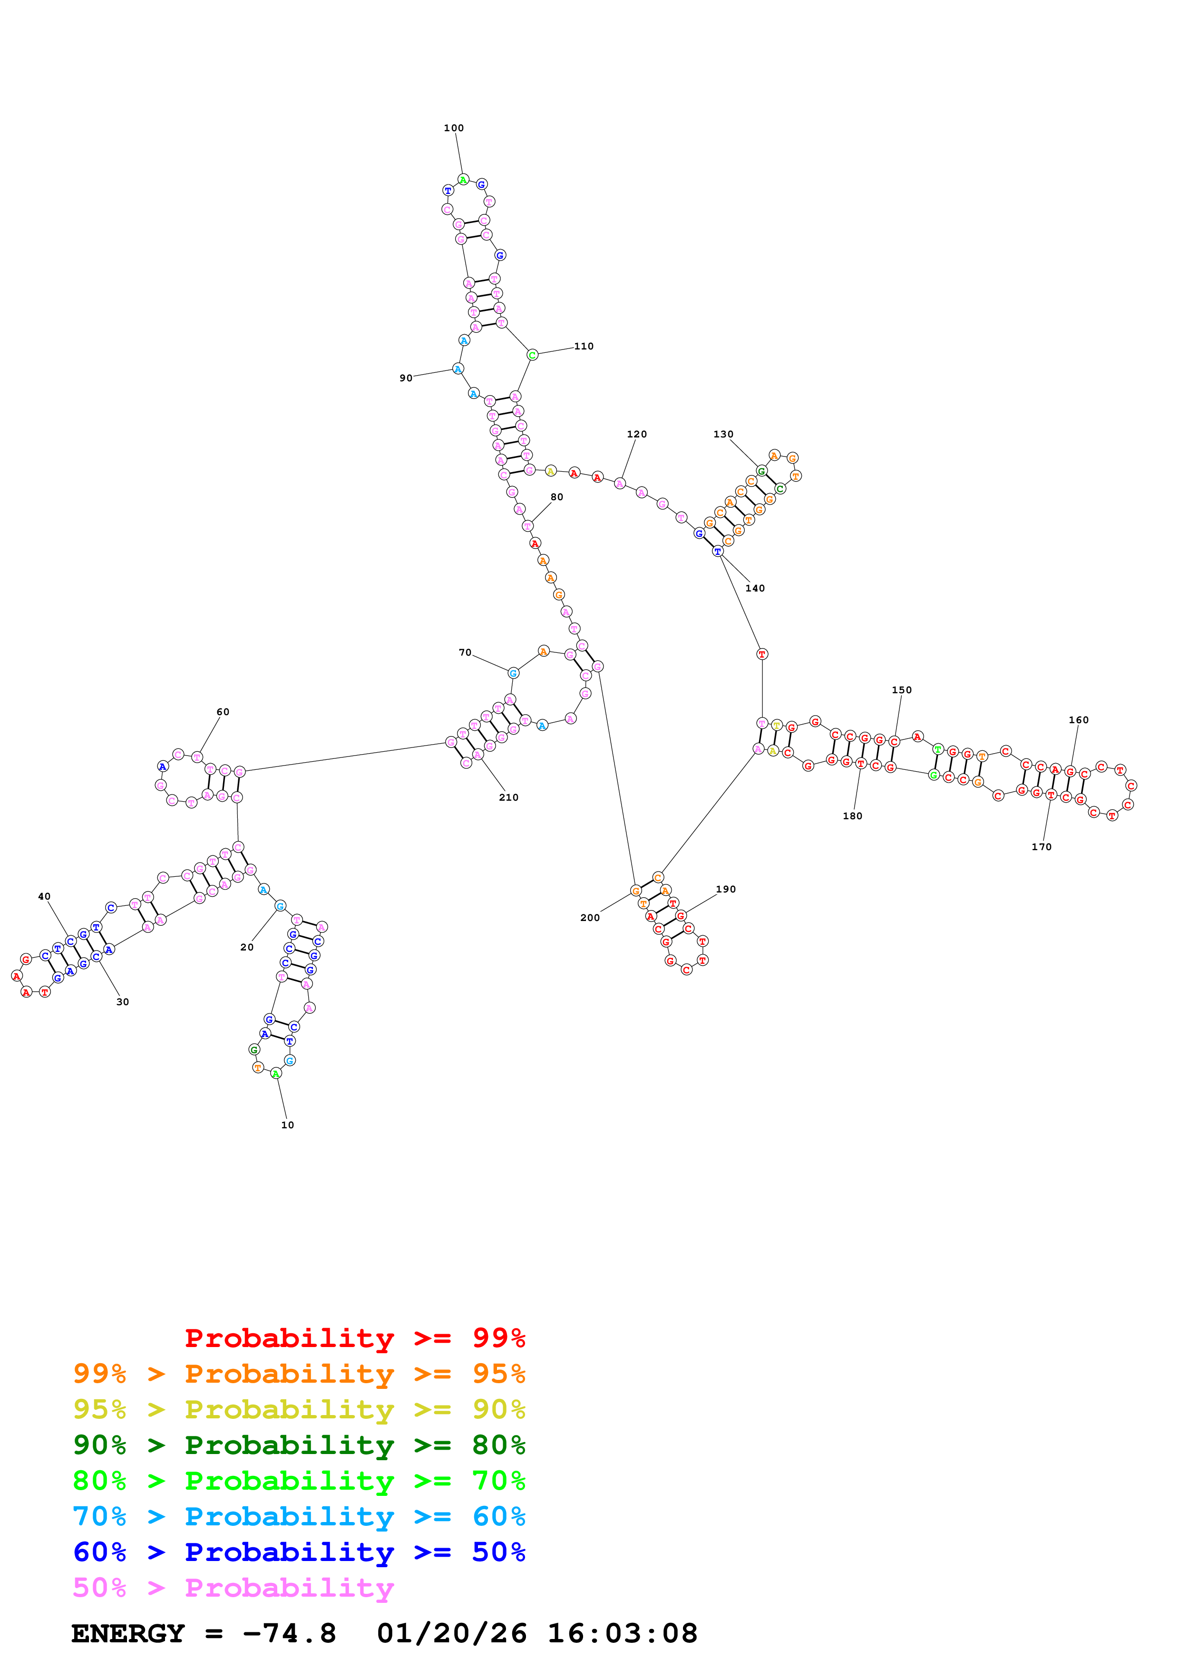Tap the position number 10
point(288,1125)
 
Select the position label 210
point(508,797)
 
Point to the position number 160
point(1078,720)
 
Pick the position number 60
point(223,712)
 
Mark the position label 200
point(590,918)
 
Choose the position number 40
point(44,896)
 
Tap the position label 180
point(852,816)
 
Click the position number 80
point(556,497)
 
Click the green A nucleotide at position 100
point(463,179)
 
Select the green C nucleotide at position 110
point(533,355)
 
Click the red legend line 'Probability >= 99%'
point(354,1338)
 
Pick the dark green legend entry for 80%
point(299,1445)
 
